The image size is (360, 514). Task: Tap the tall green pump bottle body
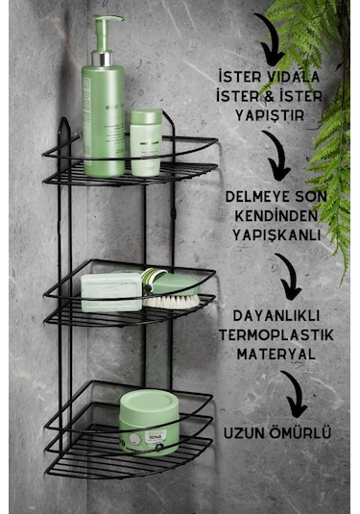(x=104, y=115)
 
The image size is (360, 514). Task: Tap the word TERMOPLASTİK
(x=276, y=334)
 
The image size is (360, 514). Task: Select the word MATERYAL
(x=276, y=353)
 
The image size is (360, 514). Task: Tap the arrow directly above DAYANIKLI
(x=285, y=277)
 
